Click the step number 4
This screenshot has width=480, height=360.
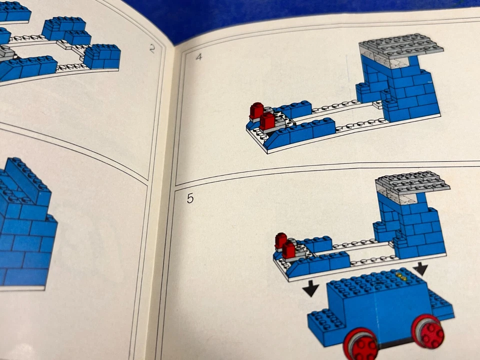[199, 56]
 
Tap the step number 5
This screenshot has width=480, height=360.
[190, 198]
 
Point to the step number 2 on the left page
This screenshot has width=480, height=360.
[152, 48]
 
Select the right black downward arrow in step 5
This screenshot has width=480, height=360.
[420, 269]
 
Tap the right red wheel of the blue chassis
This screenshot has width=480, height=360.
[428, 331]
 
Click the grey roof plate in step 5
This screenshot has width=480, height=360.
[412, 182]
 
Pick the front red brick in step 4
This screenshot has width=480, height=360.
[267, 120]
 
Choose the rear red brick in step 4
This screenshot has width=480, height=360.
[256, 110]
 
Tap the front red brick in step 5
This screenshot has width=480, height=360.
[289, 249]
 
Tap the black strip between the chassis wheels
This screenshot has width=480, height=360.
[395, 344]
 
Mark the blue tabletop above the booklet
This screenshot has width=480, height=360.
[300, 15]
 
